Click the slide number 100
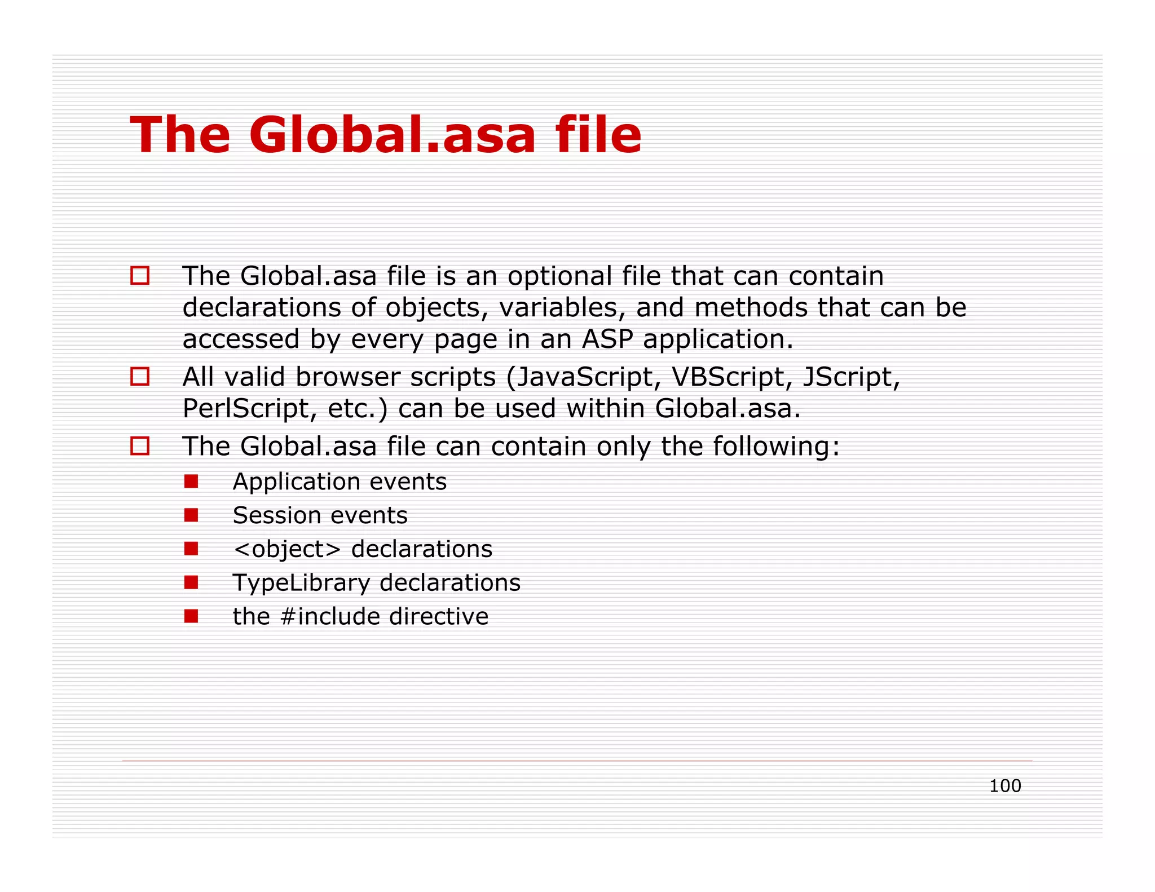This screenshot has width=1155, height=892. [1004, 785]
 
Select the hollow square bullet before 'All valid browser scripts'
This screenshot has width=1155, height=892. [140, 376]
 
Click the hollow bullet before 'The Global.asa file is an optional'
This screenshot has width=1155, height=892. [140, 275]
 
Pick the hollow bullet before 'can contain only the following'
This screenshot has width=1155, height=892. [140, 445]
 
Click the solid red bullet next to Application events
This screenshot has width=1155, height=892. [191, 481]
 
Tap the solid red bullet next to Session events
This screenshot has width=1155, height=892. [191, 515]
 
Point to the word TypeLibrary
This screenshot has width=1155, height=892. [299, 583]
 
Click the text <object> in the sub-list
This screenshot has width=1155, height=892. [287, 549]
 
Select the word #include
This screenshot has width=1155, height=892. [329, 616]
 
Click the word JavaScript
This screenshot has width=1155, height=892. [584, 377]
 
